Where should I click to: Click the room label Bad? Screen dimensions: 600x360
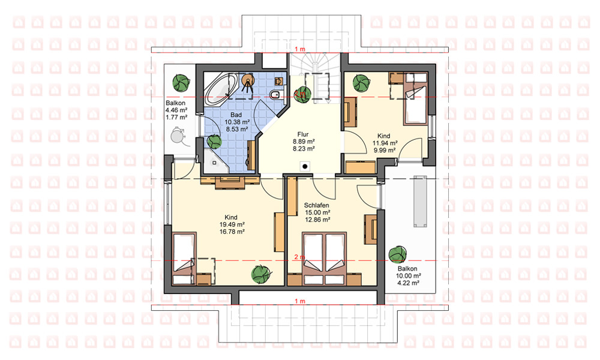[x=236, y=115]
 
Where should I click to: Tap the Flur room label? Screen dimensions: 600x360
[x=303, y=134]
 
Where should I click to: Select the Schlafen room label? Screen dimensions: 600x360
[x=316, y=205]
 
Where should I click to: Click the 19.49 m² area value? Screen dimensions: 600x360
[x=232, y=224]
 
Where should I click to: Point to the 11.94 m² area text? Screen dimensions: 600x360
[x=385, y=143]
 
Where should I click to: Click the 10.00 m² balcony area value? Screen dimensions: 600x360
[x=408, y=276]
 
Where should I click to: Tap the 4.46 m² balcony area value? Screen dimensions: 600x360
[x=176, y=110]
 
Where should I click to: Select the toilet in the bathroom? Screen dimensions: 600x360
[x=276, y=94]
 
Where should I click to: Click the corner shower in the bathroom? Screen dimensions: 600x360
[x=214, y=161]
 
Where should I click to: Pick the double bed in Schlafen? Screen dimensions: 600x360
[x=325, y=259]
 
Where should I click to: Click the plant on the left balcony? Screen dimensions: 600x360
[x=181, y=82]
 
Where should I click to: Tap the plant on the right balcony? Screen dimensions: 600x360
[x=397, y=254]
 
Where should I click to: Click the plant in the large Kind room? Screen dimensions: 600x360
[x=262, y=274]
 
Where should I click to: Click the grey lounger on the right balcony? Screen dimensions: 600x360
[x=420, y=202]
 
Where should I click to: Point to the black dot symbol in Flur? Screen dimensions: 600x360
[x=305, y=166]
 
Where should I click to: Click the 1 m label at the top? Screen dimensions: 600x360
[x=301, y=49]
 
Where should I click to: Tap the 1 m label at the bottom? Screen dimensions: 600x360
[x=301, y=301]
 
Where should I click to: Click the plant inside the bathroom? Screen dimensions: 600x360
[x=214, y=142]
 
